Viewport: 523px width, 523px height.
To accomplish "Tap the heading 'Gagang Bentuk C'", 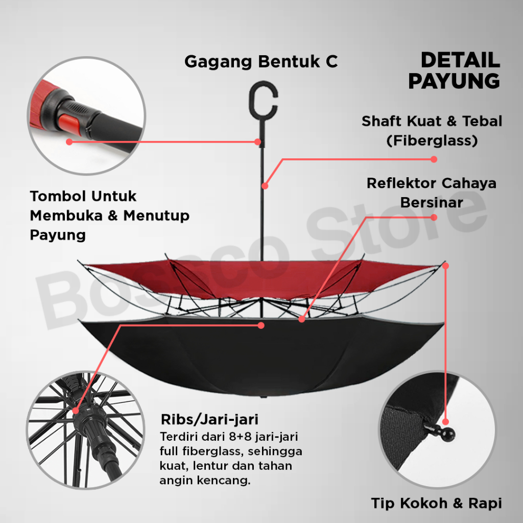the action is (260, 62).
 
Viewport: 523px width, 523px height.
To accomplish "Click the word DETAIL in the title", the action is (460, 60).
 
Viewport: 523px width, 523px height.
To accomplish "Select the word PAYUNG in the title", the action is (454, 81).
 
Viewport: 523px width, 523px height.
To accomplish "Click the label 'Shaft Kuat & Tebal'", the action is (432, 122).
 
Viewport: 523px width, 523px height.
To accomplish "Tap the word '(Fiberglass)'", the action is (432, 140).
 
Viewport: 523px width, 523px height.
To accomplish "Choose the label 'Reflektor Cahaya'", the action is (432, 183).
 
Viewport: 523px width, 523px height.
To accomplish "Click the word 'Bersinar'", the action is (432, 202).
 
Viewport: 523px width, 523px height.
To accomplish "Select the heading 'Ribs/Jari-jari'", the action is (209, 420).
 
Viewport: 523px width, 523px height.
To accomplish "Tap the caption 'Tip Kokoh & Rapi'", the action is (436, 504).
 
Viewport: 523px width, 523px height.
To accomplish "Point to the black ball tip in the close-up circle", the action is (448, 435).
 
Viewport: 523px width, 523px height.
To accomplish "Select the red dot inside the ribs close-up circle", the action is (77, 410).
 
